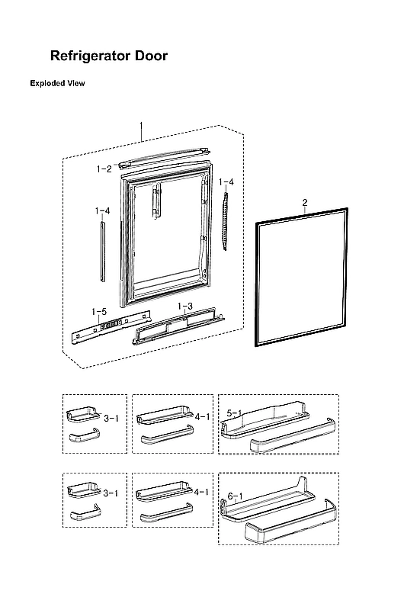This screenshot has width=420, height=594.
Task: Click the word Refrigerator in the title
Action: pyautogui.click(x=95, y=56)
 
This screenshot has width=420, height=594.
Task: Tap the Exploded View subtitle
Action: pyautogui.click(x=57, y=83)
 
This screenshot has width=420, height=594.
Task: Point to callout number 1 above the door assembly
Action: pyautogui.click(x=141, y=125)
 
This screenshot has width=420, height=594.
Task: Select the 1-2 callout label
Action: pyautogui.click(x=104, y=169)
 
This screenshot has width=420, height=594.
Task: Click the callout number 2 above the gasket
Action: pyautogui.click(x=305, y=202)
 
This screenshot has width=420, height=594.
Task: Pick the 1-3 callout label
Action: pyautogui.click(x=184, y=306)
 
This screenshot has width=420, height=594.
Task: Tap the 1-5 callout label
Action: pyautogui.click(x=99, y=312)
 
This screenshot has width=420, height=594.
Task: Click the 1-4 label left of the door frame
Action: pyautogui.click(x=102, y=210)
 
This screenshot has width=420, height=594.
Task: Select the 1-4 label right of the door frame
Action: pyautogui.click(x=226, y=182)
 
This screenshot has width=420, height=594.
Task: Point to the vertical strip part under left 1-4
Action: pyautogui.click(x=102, y=252)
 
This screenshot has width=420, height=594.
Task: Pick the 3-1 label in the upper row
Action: pyautogui.click(x=111, y=418)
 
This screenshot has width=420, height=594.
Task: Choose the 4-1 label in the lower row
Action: pyautogui.click(x=202, y=493)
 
